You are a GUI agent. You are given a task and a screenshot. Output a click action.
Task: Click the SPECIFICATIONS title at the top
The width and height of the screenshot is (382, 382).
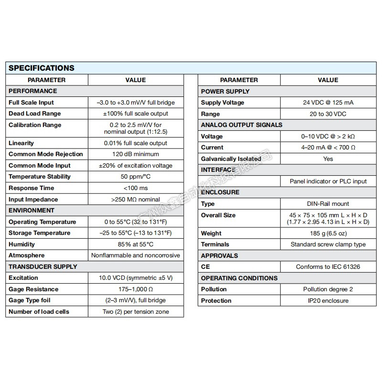(42, 68)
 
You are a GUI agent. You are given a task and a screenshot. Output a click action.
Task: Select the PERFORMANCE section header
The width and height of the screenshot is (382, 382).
(32, 91)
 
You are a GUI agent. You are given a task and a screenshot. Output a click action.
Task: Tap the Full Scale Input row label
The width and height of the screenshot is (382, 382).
(31, 102)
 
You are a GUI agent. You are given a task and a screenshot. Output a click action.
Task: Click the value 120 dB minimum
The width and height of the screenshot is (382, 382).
(136, 154)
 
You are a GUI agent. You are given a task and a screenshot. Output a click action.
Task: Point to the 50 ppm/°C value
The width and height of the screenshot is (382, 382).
(136, 177)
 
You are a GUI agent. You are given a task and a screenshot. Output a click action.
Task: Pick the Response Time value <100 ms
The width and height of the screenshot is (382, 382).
(136, 188)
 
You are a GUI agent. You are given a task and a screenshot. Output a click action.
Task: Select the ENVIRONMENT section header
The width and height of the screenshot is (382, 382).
(32, 210)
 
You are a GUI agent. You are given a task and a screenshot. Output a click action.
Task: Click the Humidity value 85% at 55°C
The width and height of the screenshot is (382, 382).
(136, 244)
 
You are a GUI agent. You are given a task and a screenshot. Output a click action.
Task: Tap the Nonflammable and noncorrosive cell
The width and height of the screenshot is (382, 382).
(136, 255)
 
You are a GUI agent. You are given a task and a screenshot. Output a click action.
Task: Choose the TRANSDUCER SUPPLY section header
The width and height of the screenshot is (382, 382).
(42, 266)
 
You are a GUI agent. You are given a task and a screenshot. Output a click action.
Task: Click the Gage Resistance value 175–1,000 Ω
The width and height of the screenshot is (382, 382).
(136, 289)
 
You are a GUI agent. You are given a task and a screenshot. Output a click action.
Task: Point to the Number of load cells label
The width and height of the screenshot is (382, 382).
(39, 312)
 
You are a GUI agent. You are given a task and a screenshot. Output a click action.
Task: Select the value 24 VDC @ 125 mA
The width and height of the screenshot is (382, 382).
(328, 103)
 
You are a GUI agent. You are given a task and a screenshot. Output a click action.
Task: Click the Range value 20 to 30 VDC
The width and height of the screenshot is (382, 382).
(328, 114)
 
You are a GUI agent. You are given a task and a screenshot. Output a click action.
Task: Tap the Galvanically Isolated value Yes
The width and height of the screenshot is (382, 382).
(328, 159)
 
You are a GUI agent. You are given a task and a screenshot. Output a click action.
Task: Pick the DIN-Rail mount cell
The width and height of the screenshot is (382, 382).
(328, 204)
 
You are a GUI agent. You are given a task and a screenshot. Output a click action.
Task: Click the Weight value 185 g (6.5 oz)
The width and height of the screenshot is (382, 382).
(328, 233)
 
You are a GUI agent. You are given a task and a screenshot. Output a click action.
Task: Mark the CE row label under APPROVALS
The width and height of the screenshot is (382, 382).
(205, 267)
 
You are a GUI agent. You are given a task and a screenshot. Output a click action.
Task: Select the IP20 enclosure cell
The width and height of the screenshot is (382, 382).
(328, 301)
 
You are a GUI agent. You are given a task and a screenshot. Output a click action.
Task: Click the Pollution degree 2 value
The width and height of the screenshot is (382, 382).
(328, 289)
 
